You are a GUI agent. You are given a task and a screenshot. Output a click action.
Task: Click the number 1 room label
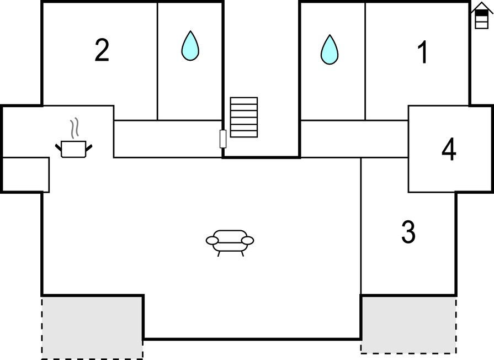coord(423,53)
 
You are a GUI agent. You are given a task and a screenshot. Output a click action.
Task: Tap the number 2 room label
coord(102,51)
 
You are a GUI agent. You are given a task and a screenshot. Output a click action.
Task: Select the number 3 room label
coord(408,232)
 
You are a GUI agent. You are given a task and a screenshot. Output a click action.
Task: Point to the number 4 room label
coord(449,150)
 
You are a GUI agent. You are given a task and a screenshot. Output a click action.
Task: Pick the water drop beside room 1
coord(330,50)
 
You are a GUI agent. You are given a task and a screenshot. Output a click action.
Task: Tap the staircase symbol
coord(244,117)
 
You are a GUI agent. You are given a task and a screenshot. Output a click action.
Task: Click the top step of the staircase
coord(244,100)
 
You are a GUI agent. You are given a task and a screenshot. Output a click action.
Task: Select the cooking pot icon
coord(73,149)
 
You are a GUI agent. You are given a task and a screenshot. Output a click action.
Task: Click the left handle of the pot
coord(59,147)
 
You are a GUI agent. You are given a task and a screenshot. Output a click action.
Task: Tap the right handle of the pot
coord(88,147)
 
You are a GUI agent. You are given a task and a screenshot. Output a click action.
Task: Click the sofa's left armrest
coord(213,241)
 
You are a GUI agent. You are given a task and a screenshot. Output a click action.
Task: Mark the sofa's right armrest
coord(247,241)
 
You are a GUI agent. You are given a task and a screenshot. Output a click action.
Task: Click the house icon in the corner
coord(481,15)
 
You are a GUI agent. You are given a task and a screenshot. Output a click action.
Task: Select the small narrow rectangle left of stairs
coord(223,139)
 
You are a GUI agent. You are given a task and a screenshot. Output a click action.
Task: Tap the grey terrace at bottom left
coord(92,327)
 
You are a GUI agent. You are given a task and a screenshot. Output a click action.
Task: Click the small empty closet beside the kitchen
coord(26,174)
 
